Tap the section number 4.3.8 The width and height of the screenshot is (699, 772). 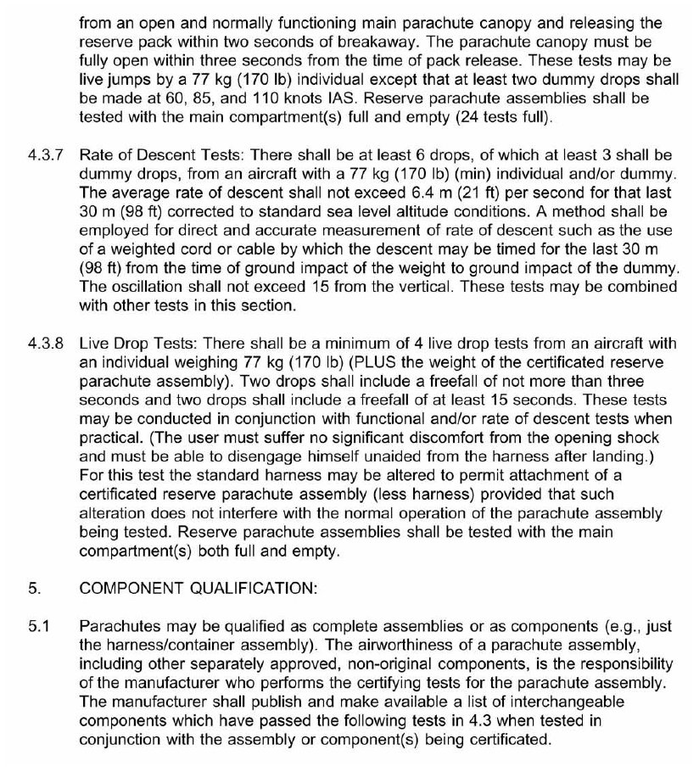(x=45, y=344)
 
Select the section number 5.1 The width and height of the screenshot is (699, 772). (x=37, y=627)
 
